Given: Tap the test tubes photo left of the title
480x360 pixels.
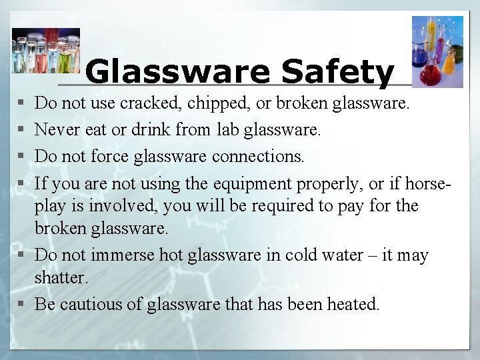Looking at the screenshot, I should click(x=45, y=51).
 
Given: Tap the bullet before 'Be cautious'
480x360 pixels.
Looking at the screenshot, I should click(x=23, y=305).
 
